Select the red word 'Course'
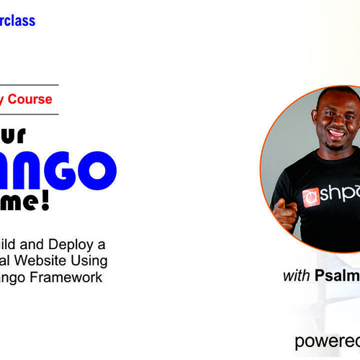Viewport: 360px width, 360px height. (x=31, y=99)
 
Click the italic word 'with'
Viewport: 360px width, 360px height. (x=297, y=276)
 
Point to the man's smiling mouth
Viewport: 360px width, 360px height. (x=336, y=133)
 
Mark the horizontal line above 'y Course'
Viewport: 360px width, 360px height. (x=29, y=86)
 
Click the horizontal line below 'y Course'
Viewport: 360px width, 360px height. (x=29, y=114)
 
